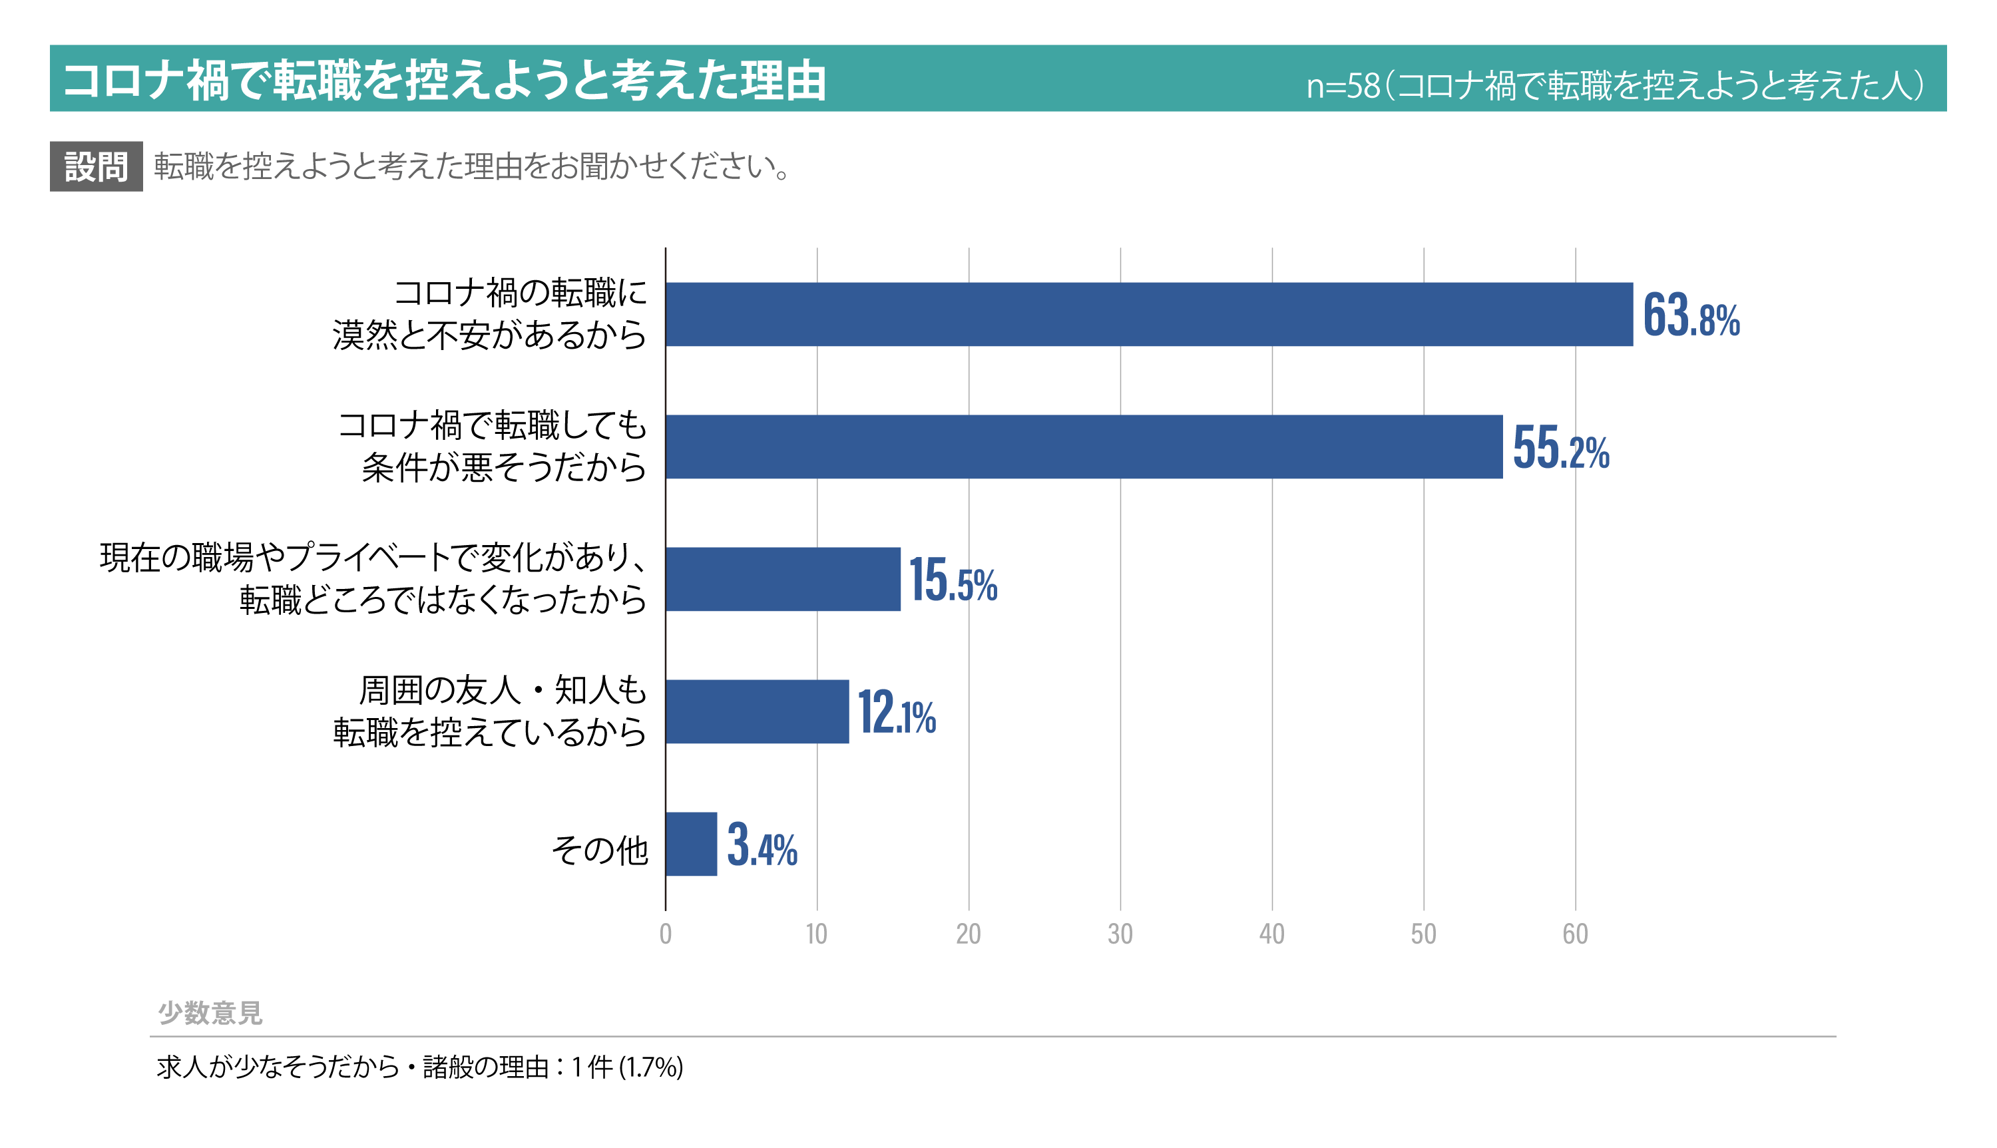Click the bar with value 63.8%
pos(1149,315)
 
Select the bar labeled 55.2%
pos(1084,447)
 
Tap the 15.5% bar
pos(783,580)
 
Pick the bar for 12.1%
pos(757,712)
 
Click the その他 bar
pos(692,845)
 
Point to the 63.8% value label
pos(1691,316)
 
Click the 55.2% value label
pos(1560,449)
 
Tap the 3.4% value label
pos(762,846)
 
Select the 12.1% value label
pos(897,713)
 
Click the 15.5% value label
pos(953,581)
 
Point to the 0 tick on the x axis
pos(666,934)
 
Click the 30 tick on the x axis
pos(1120,934)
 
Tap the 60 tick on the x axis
pos(1574,934)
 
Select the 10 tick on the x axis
pos(817,934)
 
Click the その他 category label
pos(599,850)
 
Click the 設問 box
pos(96,167)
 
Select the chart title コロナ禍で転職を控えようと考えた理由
pos(444,81)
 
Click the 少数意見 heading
pos(210,1013)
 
